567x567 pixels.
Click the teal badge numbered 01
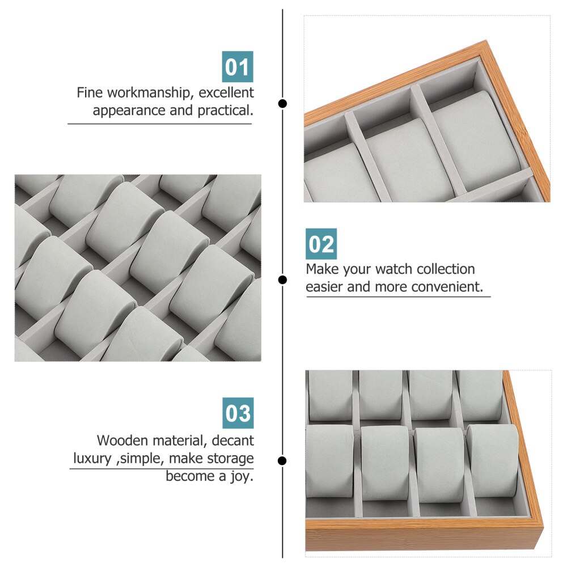pyautogui.click(x=237, y=67)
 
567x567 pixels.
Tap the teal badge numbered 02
pyautogui.click(x=321, y=244)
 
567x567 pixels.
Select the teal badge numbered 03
pyautogui.click(x=238, y=413)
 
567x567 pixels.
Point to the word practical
pyautogui.click(x=225, y=111)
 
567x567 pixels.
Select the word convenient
pyautogui.click(x=443, y=287)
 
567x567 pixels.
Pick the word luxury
pyautogui.click(x=92, y=458)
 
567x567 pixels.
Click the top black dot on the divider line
pyautogui.click(x=282, y=104)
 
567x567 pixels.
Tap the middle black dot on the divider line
pyautogui.click(x=282, y=280)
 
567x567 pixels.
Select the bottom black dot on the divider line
pyautogui.click(x=282, y=460)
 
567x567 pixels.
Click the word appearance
pyautogui.click(x=130, y=111)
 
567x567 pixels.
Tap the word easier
pyautogui.click(x=325, y=287)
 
